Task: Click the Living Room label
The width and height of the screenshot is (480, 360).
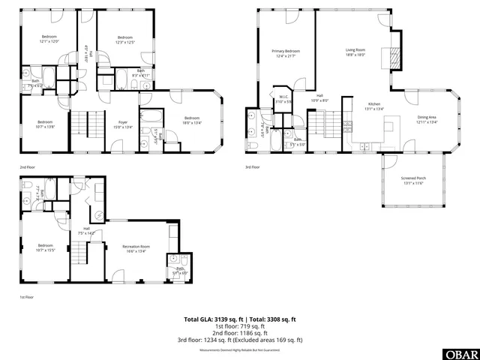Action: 355,52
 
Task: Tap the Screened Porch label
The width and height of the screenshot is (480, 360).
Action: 412,181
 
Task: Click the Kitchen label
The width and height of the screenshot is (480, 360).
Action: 373,106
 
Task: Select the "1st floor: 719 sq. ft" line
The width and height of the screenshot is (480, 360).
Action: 240,326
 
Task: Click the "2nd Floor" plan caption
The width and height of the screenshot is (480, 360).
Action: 27,167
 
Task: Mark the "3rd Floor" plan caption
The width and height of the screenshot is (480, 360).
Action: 253,167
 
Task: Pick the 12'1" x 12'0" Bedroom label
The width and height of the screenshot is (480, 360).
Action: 49,39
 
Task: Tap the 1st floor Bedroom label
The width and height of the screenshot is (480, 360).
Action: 46,247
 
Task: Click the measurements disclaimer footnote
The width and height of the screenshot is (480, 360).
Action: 240,350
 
